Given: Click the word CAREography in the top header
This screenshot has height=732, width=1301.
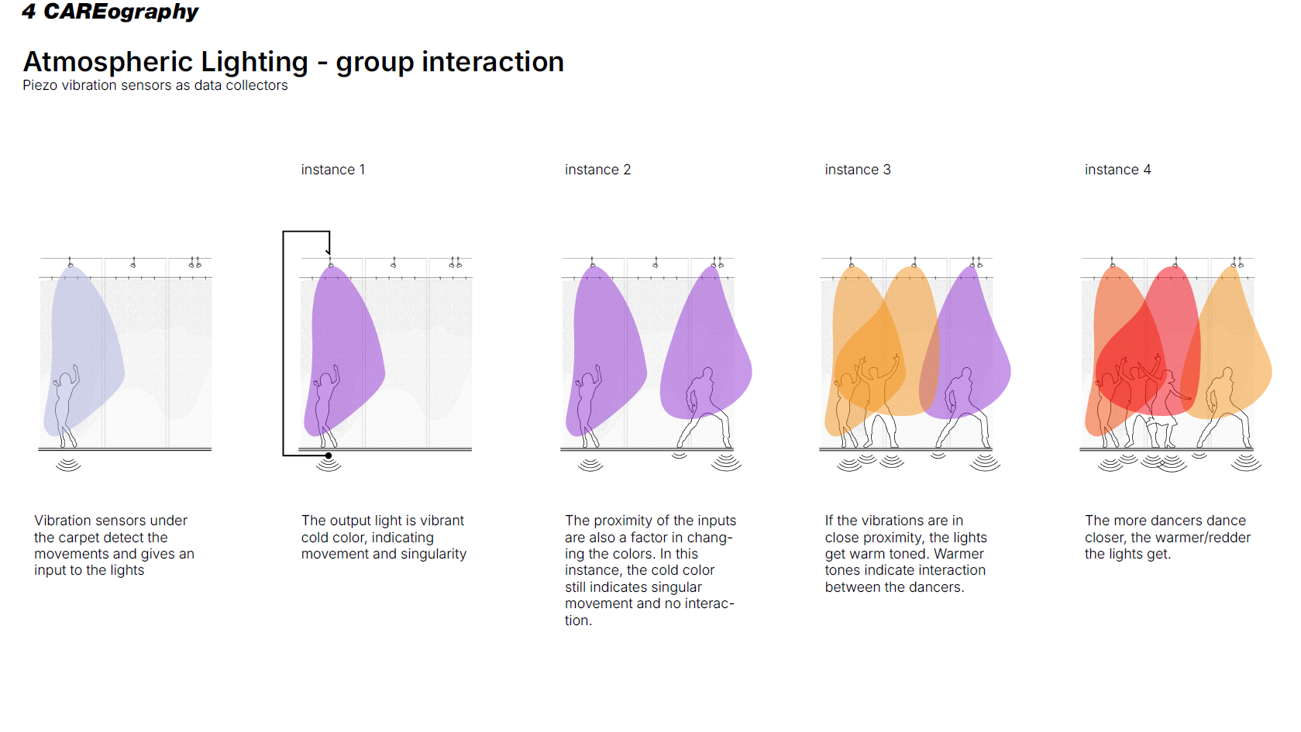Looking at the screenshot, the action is tap(121, 12).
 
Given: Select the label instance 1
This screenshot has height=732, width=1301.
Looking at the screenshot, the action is tap(332, 170).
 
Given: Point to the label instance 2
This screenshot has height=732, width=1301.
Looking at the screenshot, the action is tap(597, 170).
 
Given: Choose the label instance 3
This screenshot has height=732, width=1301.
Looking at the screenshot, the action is tap(858, 170).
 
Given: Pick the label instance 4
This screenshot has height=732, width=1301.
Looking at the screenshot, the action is tap(1117, 170).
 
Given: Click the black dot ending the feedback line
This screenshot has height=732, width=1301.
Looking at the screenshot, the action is tap(329, 455).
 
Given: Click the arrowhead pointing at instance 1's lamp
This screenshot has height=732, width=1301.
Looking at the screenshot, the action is tap(328, 252).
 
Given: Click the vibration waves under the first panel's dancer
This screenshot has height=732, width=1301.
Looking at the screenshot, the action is tap(68, 465).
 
